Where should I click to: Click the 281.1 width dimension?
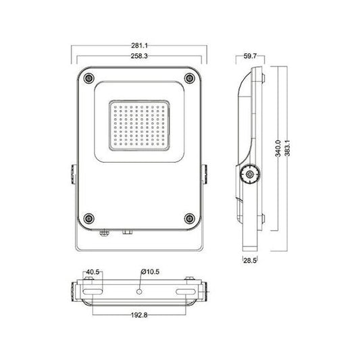point(140,46)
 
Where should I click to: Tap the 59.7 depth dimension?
point(249,57)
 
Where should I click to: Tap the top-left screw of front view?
point(88,78)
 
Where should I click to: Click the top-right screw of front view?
point(190,78)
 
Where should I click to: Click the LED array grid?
point(139,125)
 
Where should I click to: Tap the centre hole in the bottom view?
point(139,292)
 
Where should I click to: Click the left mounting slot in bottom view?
point(93,292)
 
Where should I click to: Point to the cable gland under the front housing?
point(103,234)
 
